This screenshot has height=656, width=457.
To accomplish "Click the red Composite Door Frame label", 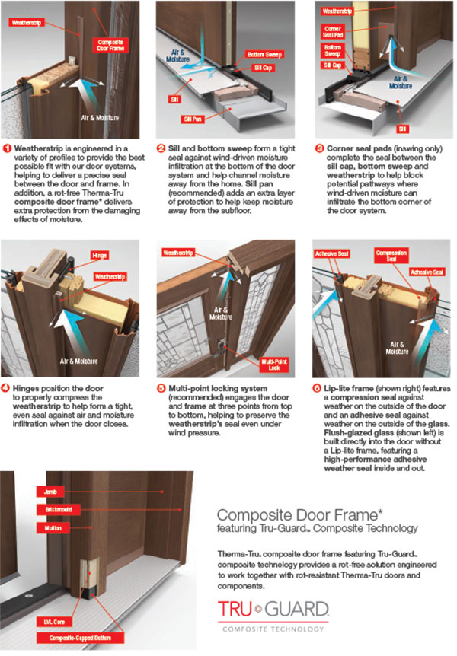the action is point(110,45).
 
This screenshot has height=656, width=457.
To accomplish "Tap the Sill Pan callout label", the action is point(192,119).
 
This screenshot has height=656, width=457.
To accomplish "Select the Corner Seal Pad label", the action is point(333,32).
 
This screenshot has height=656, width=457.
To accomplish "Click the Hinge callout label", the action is point(100,255).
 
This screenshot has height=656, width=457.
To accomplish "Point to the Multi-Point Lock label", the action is point(274,365).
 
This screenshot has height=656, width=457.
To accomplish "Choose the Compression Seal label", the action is point(391,256).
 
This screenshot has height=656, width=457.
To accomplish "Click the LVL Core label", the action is point(54,622).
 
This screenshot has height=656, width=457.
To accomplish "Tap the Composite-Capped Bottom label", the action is point(80,638).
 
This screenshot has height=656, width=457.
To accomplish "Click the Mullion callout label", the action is point(53,528).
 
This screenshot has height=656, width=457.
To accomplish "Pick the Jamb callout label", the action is point(50,492).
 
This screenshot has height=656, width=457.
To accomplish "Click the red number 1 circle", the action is point(7,148).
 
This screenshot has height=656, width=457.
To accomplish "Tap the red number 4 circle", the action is point(5,388).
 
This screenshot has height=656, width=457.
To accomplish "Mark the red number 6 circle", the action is point(317,388).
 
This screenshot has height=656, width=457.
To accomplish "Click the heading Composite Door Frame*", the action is point(300,515).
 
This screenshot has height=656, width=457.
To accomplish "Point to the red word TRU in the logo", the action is point(235,609).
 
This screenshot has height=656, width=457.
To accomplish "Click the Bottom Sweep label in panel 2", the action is point(264,54).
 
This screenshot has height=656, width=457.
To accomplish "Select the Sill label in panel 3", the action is point(403,129).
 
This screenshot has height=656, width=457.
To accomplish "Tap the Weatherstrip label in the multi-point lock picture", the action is point(178,253).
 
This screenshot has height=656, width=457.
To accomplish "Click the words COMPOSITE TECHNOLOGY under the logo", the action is point(273,629).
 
